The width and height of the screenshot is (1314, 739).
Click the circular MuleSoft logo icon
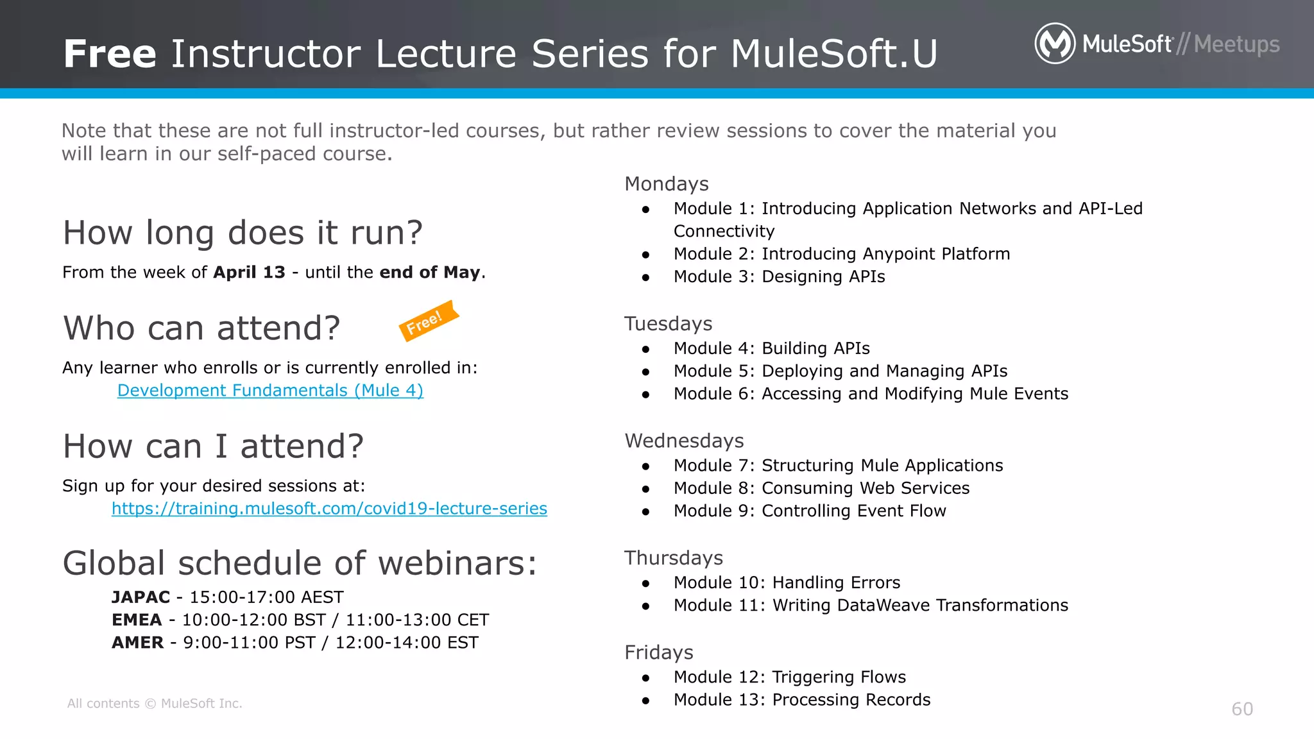coord(1055,44)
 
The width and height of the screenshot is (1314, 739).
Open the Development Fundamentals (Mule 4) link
coord(270,390)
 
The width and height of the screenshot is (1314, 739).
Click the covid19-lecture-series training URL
coord(329,508)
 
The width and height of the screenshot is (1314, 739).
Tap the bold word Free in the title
coord(110,53)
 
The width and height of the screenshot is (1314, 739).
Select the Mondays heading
coord(666,184)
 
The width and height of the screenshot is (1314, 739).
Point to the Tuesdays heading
coord(668,324)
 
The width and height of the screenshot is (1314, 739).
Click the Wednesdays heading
coord(684,441)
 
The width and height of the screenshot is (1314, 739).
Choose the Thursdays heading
coord(673,558)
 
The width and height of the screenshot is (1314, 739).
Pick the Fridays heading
coord(658,652)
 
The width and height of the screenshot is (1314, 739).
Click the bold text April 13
coord(249,272)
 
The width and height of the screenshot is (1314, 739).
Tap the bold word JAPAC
coord(141,597)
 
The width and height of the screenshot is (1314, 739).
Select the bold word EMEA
coord(137,620)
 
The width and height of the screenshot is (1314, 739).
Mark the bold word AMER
coord(137,642)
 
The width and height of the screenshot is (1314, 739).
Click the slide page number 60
coord(1241,709)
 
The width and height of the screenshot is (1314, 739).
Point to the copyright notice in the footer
coord(155,703)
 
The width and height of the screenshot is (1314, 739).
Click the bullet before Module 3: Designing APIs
coord(645,277)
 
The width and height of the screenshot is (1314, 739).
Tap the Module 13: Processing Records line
coord(801,700)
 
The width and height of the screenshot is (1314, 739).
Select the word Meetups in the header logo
coord(1236,44)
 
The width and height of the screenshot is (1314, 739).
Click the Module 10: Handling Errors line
coord(787,582)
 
